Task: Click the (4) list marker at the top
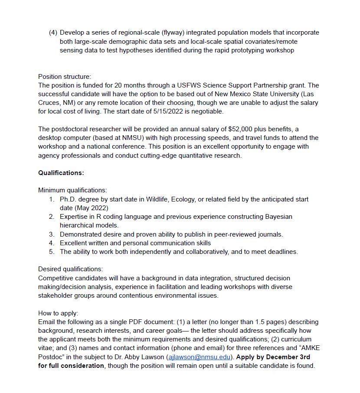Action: [53, 32]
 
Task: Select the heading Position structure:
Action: [65, 77]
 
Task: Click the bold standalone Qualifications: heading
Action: [61, 173]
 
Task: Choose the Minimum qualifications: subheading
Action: [72, 190]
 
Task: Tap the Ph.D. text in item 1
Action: [68, 199]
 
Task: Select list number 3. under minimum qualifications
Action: [52, 234]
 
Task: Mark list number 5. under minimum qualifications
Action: [52, 252]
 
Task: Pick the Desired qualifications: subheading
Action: [70, 269]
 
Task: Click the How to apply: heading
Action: [58, 313]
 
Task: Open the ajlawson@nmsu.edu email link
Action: [199, 357]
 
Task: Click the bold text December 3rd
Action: [288, 357]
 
